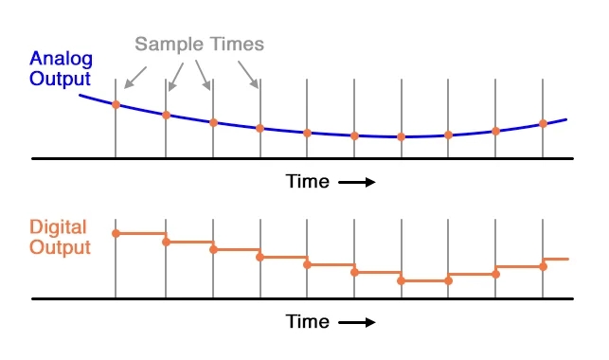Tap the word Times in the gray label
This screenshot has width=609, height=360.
[x=233, y=44]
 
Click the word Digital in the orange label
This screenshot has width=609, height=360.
[x=58, y=227]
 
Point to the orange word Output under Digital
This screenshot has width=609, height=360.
[x=60, y=247]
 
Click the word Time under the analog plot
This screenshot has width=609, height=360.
[x=308, y=181]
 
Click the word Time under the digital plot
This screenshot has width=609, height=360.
[x=308, y=322]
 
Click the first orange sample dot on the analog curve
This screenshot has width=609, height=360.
[x=116, y=104]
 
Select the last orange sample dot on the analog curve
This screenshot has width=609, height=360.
[x=543, y=123]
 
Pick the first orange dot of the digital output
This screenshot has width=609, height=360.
[x=116, y=233]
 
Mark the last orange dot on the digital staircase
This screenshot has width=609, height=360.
[x=543, y=266]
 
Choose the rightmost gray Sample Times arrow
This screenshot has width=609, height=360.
[x=248, y=74]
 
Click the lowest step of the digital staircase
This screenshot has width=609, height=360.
[x=424, y=281]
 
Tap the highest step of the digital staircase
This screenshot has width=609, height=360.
[x=141, y=233]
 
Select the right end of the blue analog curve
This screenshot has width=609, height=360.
[x=565, y=119]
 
